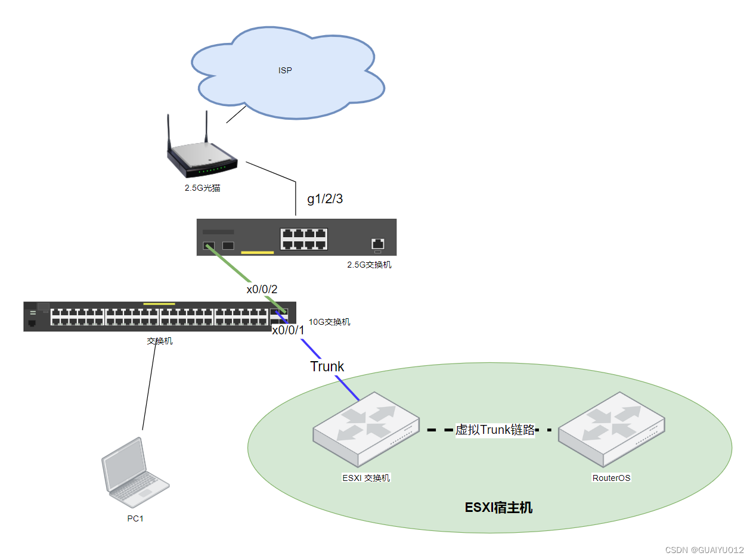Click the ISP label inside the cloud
click(x=285, y=70)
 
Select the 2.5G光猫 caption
click(x=203, y=188)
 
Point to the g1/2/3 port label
click(x=325, y=199)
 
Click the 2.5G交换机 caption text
click(x=369, y=265)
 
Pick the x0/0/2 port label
click(x=262, y=290)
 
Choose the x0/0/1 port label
click(x=288, y=330)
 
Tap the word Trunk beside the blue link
click(x=327, y=367)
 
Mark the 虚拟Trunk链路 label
click(x=495, y=430)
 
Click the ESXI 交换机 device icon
click(x=364, y=428)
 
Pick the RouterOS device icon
click(x=611, y=428)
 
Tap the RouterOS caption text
click(x=611, y=477)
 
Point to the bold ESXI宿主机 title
click(x=498, y=508)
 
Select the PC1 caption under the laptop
click(x=135, y=518)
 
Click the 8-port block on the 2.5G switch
click(x=303, y=238)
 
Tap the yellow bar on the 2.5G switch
click(x=257, y=253)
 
